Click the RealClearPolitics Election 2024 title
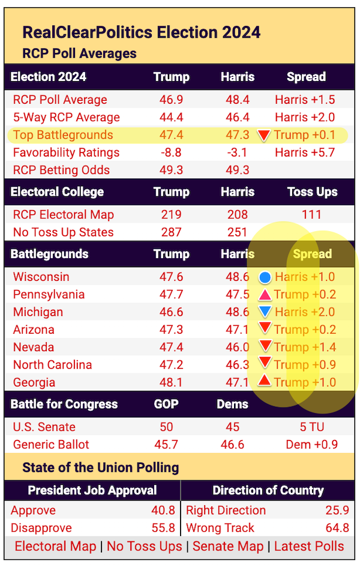pos(142,32)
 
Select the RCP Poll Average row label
pos(60,100)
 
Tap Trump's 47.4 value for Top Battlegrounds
pos(171,135)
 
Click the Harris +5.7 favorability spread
pos(305,152)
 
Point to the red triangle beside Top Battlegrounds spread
pos(263,136)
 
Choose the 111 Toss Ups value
pos(311,214)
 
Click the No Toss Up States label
pos(63,232)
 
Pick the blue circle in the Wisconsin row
pos(265,278)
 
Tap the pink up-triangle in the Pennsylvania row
pos(265,295)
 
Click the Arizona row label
pos(34,330)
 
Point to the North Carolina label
pos(52,364)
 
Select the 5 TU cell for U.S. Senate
pos(311,427)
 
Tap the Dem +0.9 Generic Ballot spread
pos(311,445)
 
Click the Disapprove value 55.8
pos(163,528)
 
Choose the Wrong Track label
pos(220,528)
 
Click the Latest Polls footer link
pos(309,546)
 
